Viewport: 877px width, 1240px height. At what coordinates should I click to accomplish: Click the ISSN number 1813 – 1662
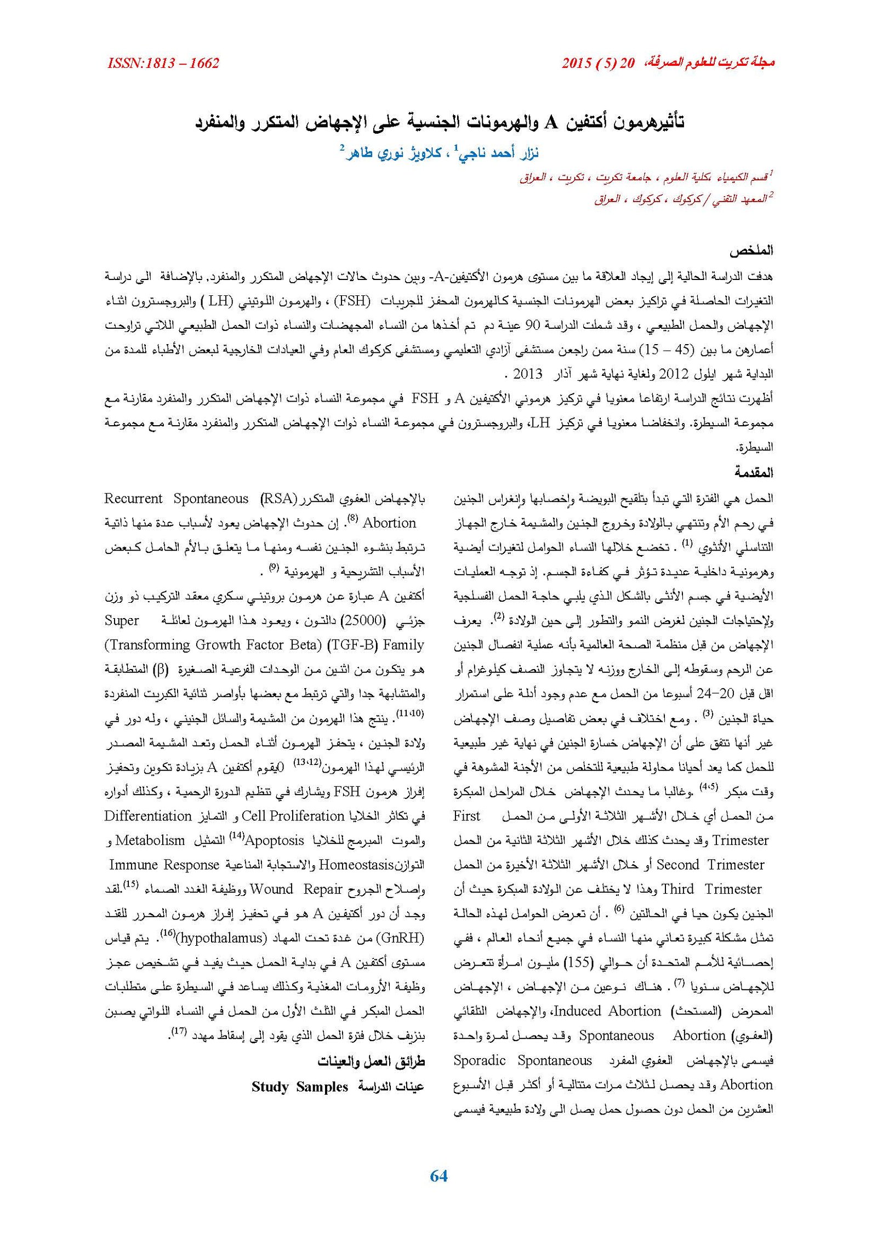[x=163, y=64]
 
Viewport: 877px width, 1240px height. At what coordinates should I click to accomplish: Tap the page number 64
[x=438, y=1176]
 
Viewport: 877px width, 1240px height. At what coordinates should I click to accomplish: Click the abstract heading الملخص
[x=751, y=251]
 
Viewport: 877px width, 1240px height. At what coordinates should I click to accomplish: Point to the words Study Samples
[x=300, y=1087]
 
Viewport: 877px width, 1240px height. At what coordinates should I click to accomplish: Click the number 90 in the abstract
[x=533, y=325]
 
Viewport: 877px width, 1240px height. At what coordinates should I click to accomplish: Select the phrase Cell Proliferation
[x=293, y=816]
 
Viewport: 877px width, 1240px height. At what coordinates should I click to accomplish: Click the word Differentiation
[x=148, y=816]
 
